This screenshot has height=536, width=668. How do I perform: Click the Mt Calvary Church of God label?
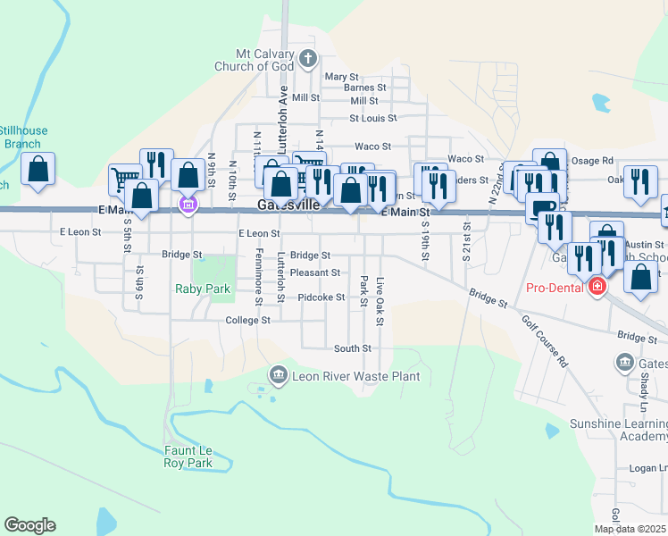point(255,61)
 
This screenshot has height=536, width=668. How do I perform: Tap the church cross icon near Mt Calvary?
point(308,61)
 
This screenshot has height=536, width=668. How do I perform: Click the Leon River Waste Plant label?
point(356,376)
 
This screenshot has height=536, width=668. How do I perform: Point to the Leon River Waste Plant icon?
point(279,373)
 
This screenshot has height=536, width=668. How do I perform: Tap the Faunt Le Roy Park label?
point(188,456)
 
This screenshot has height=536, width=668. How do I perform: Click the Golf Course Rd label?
point(546,343)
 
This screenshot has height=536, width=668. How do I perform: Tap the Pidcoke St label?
point(321,297)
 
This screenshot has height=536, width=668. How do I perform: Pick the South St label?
point(352,348)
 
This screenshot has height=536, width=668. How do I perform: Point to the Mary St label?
point(341,77)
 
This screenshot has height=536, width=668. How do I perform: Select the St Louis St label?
point(372,117)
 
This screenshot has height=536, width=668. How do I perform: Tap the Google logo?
point(29,525)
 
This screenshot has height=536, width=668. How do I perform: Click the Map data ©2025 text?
point(630,529)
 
